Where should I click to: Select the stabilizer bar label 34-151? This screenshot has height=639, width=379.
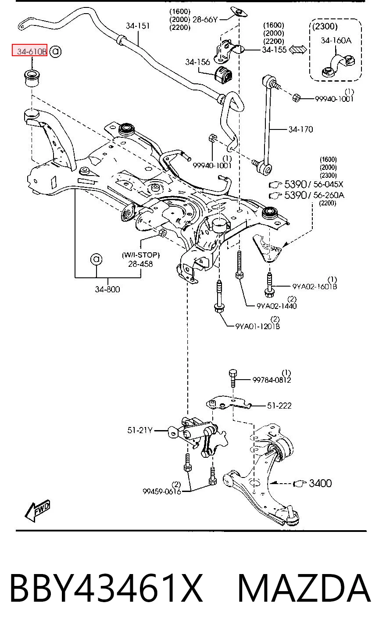pos(137,25)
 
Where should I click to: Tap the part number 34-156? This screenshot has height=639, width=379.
pos(197,62)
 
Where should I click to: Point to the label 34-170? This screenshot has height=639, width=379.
pos(300,129)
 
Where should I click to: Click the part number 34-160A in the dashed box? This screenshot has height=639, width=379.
pos(336,40)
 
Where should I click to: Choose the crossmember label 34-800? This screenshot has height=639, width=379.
pos(107,289)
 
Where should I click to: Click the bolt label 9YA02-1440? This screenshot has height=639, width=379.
pos(277,306)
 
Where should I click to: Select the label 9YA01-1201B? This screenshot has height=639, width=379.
pos(257,326)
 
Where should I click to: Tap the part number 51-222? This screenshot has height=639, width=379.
pos(279,406)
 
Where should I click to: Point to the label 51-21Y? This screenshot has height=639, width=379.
pos(140,430)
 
